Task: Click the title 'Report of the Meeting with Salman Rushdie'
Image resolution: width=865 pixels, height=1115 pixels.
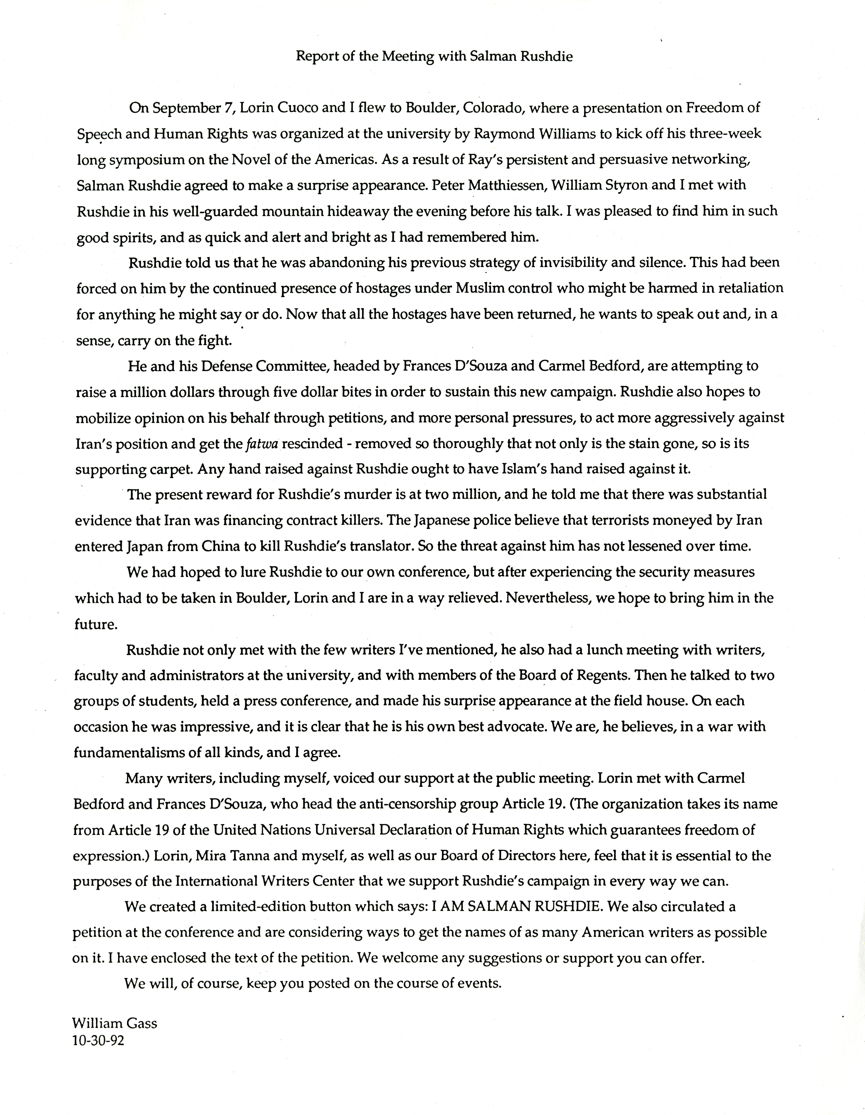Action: tap(434, 57)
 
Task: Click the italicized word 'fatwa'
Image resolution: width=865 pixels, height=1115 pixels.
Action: tap(262, 443)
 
